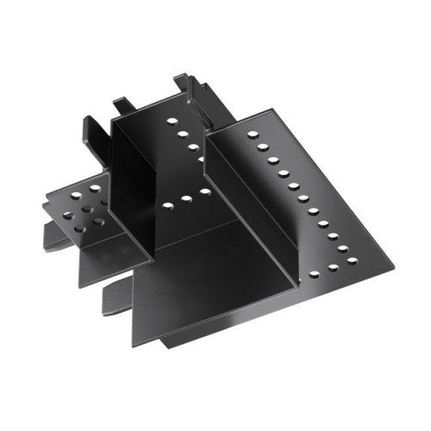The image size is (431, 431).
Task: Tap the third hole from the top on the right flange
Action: point(271,159)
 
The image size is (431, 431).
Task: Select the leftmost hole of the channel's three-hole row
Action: point(165,205)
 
